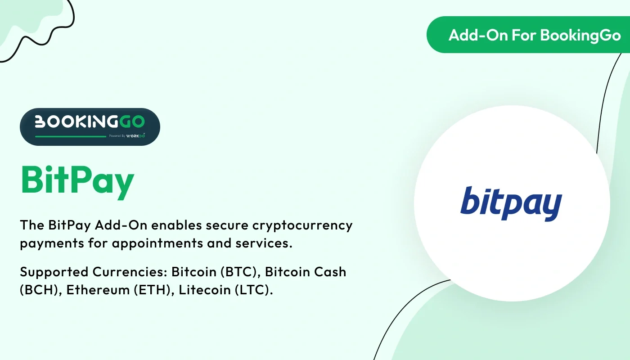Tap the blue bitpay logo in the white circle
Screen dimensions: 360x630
tap(511, 204)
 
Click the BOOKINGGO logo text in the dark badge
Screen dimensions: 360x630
tap(90, 121)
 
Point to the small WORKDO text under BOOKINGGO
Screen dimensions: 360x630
tap(135, 135)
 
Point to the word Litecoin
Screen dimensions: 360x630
tap(199, 290)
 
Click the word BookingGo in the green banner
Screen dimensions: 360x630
tap(580, 35)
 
